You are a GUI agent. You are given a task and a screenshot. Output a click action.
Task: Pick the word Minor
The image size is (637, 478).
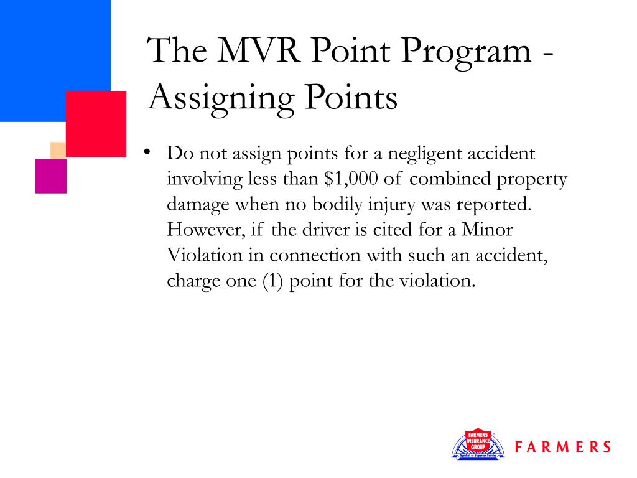click(487, 230)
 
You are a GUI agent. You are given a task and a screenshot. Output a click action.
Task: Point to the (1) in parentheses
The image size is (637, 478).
click(274, 281)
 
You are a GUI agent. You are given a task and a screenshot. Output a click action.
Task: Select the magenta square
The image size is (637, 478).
click(51, 176)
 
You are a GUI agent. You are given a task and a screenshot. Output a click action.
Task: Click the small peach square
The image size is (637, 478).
click(58, 150)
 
